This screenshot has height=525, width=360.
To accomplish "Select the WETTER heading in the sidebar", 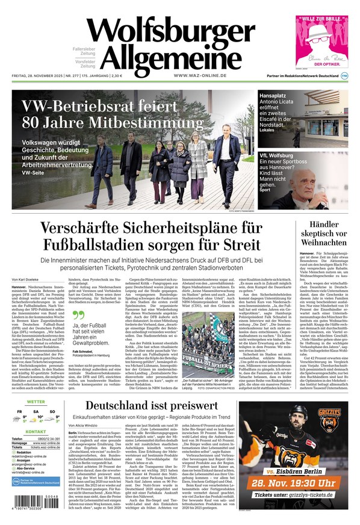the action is [x=36, y=402].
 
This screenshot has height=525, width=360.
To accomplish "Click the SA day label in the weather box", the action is [x=36, y=412].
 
